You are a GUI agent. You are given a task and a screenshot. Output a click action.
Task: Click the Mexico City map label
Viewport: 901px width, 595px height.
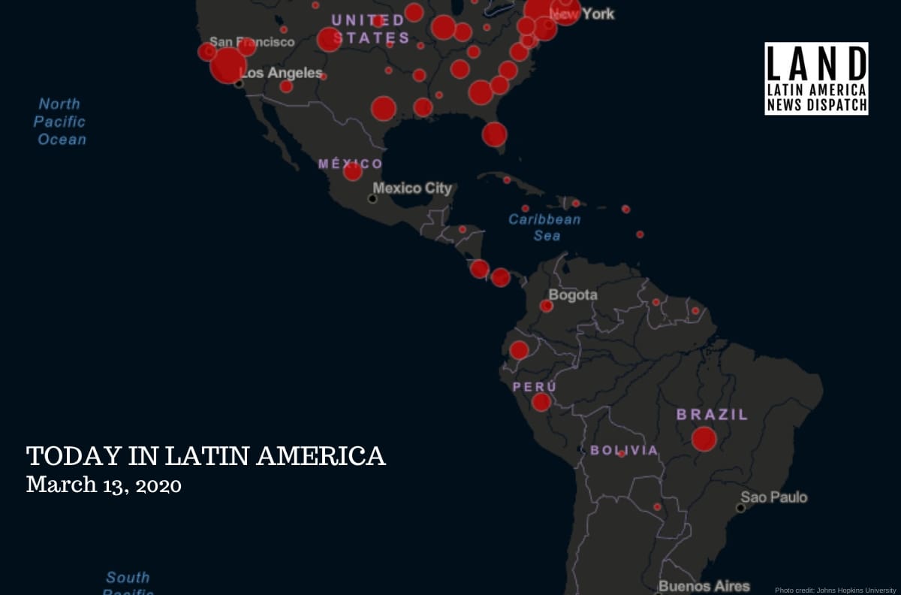coord(412,188)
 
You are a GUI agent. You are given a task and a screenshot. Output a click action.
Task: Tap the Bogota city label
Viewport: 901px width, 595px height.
coord(573,295)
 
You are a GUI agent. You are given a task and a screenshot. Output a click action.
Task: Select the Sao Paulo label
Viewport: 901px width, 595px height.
coord(774,497)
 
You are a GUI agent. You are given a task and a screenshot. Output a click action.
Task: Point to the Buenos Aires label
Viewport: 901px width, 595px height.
coord(704,586)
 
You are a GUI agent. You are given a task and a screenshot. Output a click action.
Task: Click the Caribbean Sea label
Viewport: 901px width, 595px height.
coord(544,227)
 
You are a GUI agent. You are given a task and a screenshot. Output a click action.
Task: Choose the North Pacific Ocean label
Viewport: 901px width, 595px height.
coord(60,122)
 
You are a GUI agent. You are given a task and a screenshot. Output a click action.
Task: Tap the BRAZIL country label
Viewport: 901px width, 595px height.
coord(712,414)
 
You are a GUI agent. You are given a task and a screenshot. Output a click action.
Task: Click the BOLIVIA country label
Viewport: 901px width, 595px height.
coord(623,451)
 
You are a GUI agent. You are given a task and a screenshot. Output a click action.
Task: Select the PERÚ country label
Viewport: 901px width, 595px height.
coord(535,387)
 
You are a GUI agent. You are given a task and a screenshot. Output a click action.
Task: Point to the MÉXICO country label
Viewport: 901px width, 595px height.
coord(350,164)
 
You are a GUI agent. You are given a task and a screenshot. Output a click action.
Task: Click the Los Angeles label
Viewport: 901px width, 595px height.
coord(281,74)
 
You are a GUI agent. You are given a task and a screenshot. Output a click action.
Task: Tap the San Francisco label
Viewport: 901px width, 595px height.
coord(252,42)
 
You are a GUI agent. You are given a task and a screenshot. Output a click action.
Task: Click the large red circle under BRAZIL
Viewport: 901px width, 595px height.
coord(704,439)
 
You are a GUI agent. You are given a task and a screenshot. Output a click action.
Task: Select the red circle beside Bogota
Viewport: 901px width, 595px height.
coord(547,306)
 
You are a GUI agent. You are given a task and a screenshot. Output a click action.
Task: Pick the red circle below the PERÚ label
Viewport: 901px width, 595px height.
coord(541,403)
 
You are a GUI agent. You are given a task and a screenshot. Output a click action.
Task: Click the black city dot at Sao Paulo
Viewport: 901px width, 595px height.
coord(740,508)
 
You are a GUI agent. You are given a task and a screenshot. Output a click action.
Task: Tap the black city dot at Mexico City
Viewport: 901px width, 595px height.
coord(372,198)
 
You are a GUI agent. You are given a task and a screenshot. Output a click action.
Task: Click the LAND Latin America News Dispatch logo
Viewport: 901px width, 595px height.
coord(816,78)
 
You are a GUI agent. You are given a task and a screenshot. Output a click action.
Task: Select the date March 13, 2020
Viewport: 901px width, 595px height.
coord(104,485)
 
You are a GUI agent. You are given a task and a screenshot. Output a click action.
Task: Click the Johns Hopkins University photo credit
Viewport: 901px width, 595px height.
coord(835,590)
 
